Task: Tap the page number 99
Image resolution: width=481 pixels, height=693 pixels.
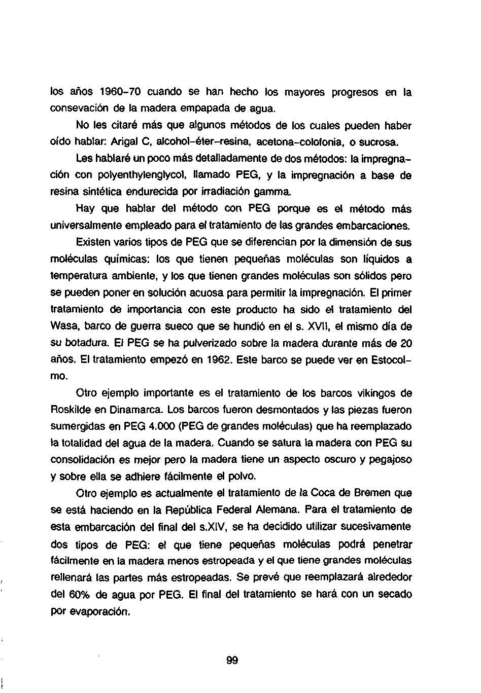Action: click(x=232, y=661)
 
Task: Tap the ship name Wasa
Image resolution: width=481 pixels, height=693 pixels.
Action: click(x=62, y=325)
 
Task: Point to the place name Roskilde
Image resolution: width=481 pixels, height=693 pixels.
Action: click(x=70, y=409)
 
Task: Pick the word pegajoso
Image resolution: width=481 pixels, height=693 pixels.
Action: click(x=390, y=460)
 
